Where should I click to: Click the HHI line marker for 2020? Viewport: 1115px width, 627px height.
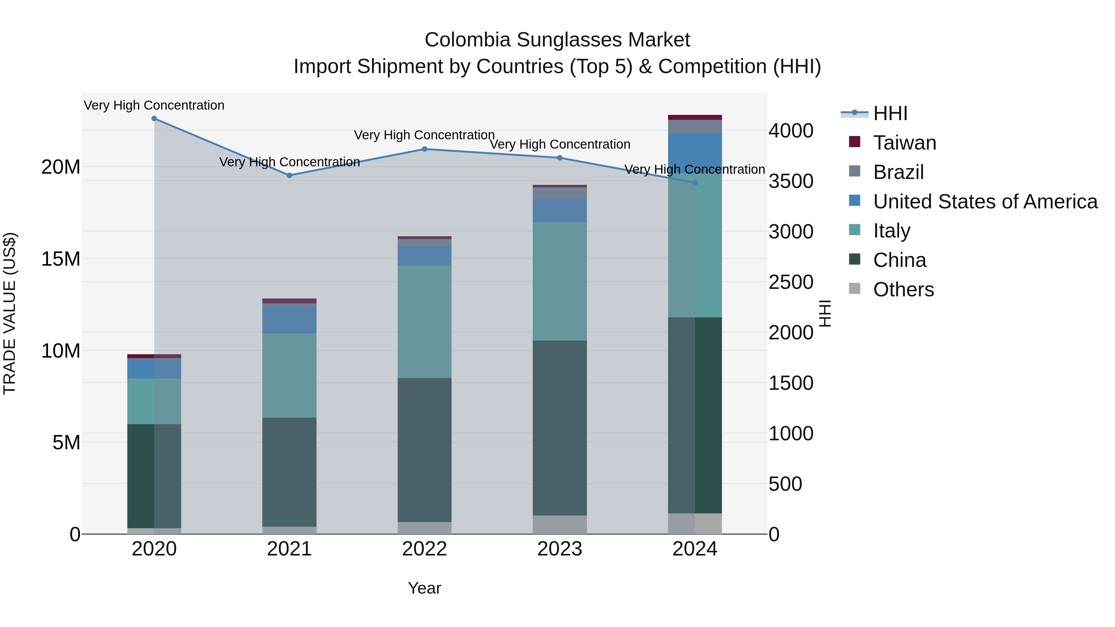click(x=154, y=119)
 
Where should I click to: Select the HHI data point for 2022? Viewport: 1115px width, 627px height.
click(x=425, y=149)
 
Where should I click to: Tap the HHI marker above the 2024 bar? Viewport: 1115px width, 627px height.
click(x=695, y=183)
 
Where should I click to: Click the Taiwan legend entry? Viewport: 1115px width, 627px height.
click(x=904, y=143)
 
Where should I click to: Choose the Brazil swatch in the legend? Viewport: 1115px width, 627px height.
click(x=855, y=171)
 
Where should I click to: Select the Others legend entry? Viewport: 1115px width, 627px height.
click(x=903, y=290)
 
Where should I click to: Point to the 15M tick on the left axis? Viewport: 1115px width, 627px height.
click(x=61, y=259)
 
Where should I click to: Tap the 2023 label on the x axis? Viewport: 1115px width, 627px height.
click(x=560, y=549)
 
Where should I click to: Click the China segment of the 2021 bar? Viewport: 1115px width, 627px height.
click(x=289, y=472)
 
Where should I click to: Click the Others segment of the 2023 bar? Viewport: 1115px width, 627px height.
click(x=560, y=525)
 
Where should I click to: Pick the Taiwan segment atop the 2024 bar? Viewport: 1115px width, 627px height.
click(x=695, y=117)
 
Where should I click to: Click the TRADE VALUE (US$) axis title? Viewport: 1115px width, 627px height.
click(x=10, y=313)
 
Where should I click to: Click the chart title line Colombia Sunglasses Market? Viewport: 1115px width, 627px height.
click(x=557, y=40)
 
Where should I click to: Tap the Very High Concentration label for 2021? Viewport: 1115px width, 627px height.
click(x=290, y=162)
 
